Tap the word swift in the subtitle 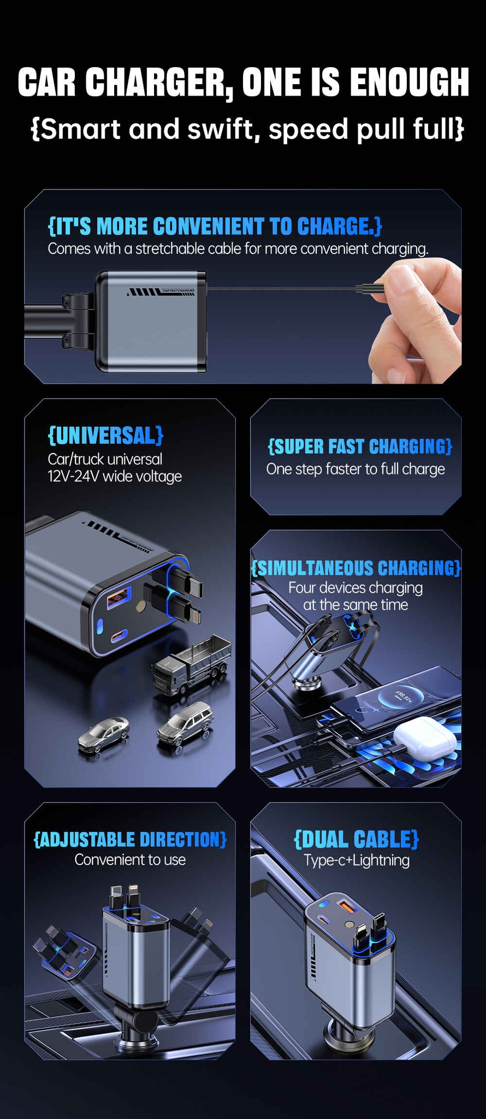pos(216,129)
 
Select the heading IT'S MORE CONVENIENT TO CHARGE pos(215,226)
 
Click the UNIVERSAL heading pos(105,435)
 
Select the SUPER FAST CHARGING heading pos(360,446)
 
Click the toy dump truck pos(192,665)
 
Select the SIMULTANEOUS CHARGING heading pos(356,568)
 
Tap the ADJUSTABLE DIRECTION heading pos(130,839)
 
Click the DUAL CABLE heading pos(356,839)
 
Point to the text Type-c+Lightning pos(356,860)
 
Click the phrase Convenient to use pos(130,859)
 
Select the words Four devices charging pos(355,588)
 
